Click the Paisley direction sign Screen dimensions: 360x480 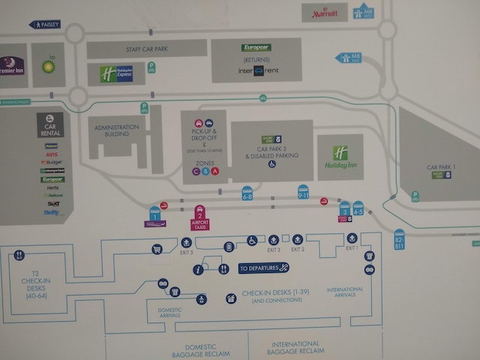45,24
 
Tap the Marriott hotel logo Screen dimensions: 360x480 325,13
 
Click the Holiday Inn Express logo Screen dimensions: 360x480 116,73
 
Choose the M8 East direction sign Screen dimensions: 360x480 349,58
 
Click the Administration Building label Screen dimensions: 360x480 118,130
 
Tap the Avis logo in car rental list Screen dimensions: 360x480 52,154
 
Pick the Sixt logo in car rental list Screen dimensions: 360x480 52,203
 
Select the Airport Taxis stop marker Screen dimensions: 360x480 199,217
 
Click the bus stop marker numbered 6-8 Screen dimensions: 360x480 247,193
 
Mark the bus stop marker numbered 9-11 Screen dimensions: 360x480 303,192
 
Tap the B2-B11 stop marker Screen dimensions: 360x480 399,240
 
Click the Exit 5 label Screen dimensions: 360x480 187,252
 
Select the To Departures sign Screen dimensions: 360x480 263,268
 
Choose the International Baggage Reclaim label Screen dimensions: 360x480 298,348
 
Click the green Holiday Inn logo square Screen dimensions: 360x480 340,153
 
